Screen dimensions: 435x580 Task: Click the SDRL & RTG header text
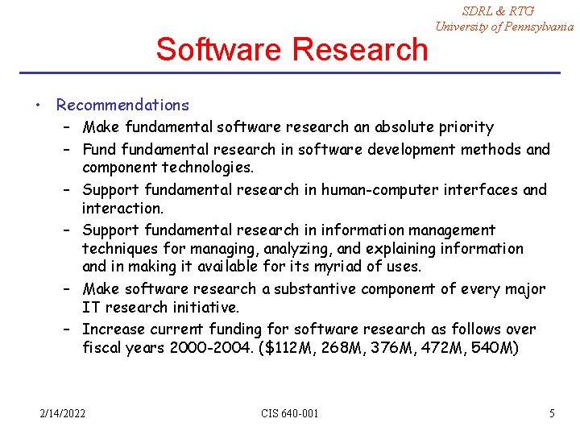(498, 10)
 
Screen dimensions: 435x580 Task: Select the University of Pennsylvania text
(504, 27)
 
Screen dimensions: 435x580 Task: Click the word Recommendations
(122, 105)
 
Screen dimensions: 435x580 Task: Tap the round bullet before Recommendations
(38, 105)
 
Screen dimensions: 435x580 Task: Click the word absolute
(385, 126)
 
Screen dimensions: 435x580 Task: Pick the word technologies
(208, 168)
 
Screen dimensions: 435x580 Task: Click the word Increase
(112, 329)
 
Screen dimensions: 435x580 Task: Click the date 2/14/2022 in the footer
(64, 413)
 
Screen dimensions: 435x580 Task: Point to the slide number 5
(552, 413)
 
